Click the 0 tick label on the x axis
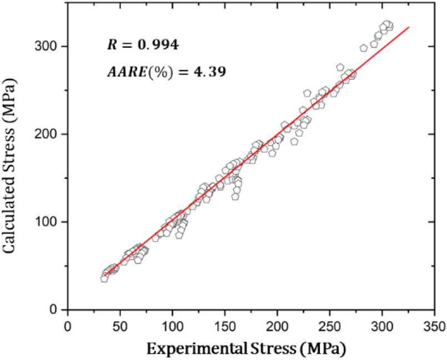pyautogui.click(x=68, y=326)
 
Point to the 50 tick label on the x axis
pyautogui.click(x=120, y=326)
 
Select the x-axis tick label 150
pyautogui.click(x=225, y=326)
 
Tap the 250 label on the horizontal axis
pyautogui.click(x=329, y=326)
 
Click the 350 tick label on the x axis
pyautogui.click(x=434, y=326)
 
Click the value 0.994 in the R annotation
pyautogui.click(x=158, y=45)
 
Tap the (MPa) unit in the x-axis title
pyautogui.click(x=323, y=349)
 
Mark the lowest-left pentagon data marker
pyautogui.click(x=104, y=279)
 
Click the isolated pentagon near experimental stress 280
pyautogui.click(x=364, y=48)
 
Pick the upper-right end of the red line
pyautogui.click(x=409, y=27)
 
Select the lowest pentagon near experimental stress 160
pyautogui.click(x=235, y=196)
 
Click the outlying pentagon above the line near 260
pyautogui.click(x=340, y=67)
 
